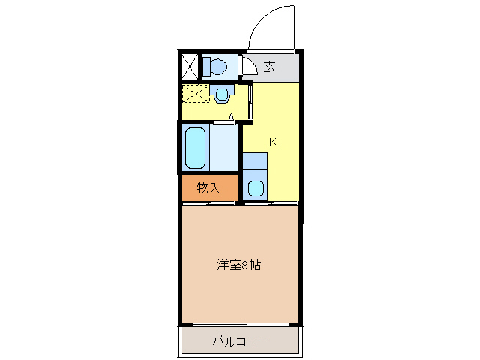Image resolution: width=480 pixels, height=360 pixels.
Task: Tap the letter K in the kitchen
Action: (x=274, y=142)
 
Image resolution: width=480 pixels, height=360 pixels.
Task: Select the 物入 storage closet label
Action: (x=208, y=188)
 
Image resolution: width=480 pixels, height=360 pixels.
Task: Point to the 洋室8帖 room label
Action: (x=239, y=265)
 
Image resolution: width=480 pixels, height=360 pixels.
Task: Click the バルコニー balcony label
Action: (x=239, y=342)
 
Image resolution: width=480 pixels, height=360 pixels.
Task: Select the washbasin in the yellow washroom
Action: (x=221, y=94)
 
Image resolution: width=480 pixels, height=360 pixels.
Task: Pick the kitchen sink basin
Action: (x=255, y=188)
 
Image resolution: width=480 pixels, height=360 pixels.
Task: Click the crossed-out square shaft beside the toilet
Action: (x=190, y=67)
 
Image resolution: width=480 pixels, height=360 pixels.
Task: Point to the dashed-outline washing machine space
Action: (x=196, y=94)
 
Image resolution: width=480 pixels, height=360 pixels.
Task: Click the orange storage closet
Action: (x=209, y=188)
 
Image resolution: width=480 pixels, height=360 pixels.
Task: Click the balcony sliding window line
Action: (x=240, y=325)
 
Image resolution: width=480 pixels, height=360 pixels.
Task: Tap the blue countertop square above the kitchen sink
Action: (x=255, y=160)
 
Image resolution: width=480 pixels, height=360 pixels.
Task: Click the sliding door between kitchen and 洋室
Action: (x=270, y=203)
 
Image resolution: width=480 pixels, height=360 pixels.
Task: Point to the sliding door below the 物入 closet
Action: (x=209, y=203)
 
